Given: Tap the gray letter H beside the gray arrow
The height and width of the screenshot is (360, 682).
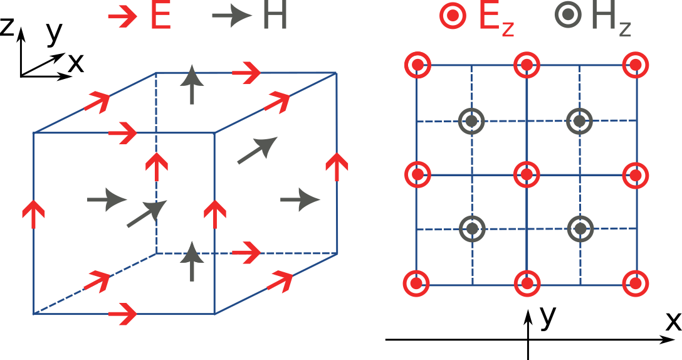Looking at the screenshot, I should coord(275,17).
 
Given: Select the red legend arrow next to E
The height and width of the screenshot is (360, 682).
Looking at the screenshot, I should coord(123,17).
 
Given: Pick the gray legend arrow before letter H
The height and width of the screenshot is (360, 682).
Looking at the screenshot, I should coord(229,17).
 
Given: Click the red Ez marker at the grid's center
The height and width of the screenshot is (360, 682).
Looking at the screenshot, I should coord(527,174).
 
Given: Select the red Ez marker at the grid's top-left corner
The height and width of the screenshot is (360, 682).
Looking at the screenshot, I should coord(417,65).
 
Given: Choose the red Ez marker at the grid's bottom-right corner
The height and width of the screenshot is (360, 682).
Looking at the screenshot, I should coord(636,283).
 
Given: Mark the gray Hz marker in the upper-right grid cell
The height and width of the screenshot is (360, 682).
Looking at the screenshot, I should coord(579,120).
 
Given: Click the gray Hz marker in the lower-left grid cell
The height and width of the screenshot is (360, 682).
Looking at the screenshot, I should coord(472,229).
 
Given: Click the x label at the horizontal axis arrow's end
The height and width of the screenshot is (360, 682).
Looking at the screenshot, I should coord(673,321).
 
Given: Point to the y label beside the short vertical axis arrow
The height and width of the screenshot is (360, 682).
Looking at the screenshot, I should coord(548,317).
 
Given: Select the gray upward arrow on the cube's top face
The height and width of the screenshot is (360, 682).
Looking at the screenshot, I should coord(192,85).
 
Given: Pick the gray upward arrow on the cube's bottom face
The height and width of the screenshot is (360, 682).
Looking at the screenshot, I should coord(192,263).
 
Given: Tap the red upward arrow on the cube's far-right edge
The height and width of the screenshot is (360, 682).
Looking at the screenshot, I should coord(337,167).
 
